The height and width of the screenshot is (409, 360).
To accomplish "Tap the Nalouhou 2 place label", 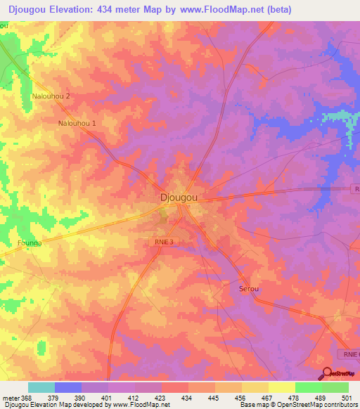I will point(51,96).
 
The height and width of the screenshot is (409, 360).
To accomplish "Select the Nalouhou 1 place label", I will point(77,122).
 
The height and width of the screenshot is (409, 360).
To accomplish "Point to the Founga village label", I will point(30,243).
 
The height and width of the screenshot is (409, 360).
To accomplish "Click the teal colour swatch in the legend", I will point(41,387).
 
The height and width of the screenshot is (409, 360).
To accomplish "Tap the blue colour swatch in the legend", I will point(68,387).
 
